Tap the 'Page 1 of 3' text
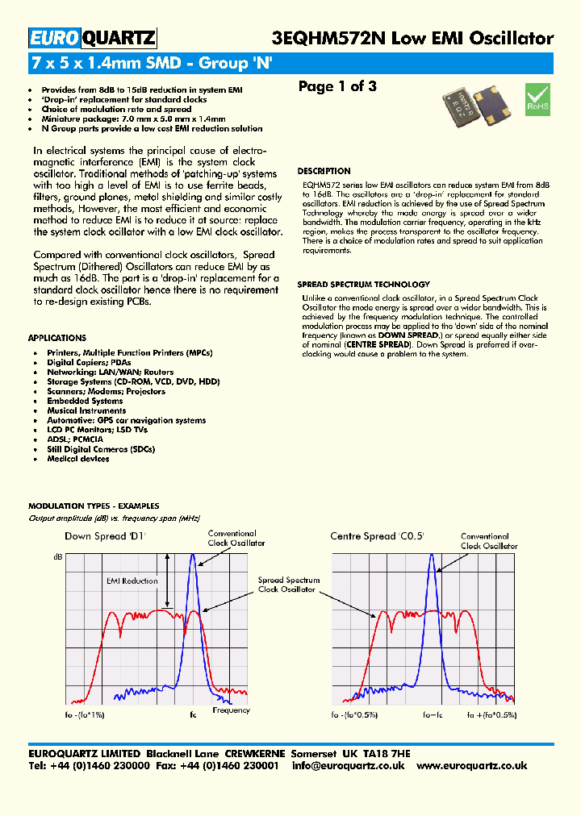click(337, 87)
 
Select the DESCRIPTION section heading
click(324, 171)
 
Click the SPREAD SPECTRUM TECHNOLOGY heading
click(363, 285)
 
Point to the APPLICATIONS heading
click(56, 338)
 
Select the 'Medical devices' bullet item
click(77, 459)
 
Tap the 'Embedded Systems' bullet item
click(85, 401)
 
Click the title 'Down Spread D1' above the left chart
click(105, 536)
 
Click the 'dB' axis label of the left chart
click(57, 557)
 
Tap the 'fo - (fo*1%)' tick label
click(85, 715)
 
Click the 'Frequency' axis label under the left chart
click(231, 710)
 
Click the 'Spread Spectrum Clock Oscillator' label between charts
click(288, 585)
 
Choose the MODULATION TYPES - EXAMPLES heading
click(94, 506)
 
